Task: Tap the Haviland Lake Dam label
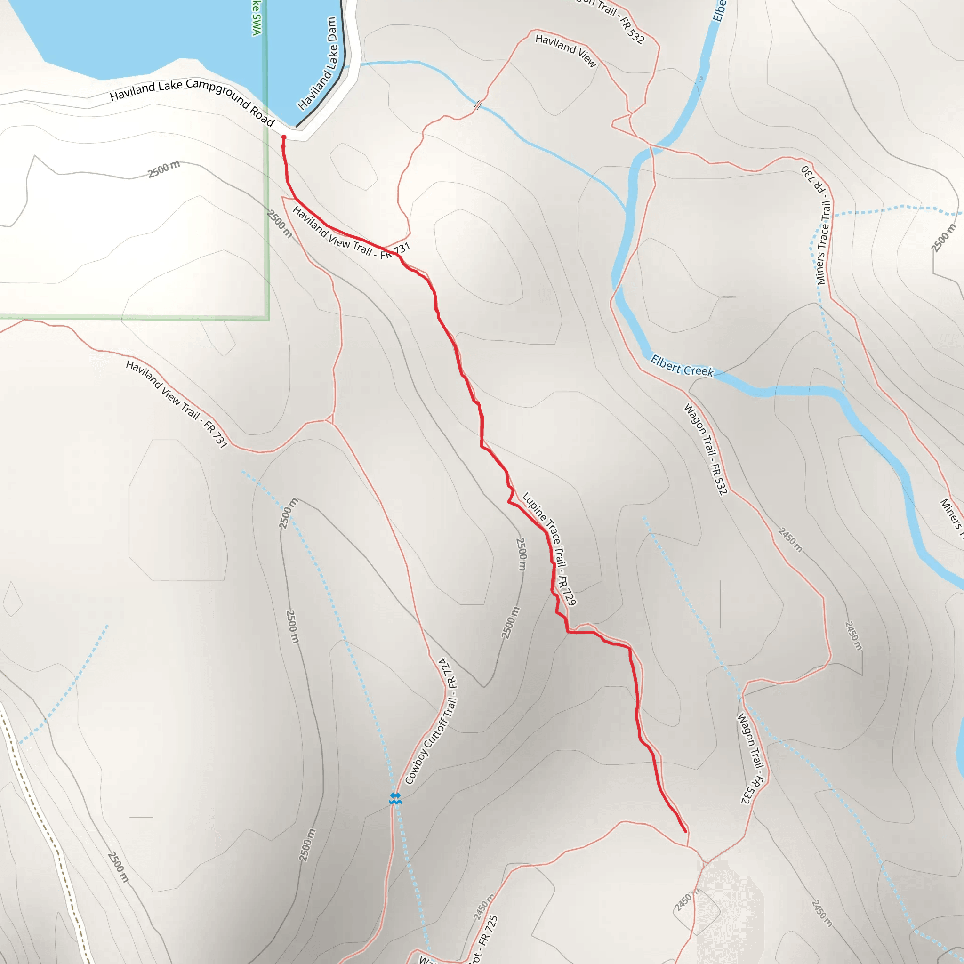coord(318,64)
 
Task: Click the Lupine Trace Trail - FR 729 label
coord(549,549)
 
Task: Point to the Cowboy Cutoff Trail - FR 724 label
coord(432,722)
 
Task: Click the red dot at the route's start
coord(284,137)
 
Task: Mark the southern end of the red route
coord(685,831)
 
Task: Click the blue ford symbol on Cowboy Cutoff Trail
coord(395,799)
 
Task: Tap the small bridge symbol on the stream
coord(477,105)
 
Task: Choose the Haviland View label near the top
coord(566,50)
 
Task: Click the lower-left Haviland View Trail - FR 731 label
coord(177,404)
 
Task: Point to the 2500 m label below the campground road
coord(164,169)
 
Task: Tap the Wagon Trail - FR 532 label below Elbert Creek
coord(706,449)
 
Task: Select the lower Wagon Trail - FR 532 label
coord(751,758)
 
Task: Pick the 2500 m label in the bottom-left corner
coord(118,867)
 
